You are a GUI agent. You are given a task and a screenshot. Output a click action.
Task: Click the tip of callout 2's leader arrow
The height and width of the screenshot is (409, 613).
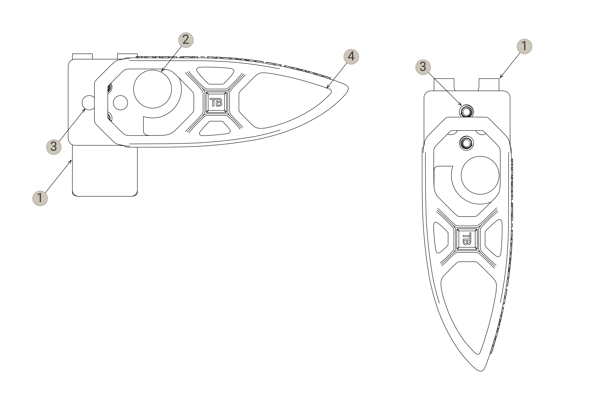click(x=161, y=71)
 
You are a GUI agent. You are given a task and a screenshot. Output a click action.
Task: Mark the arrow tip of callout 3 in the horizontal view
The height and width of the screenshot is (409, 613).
click(x=85, y=109)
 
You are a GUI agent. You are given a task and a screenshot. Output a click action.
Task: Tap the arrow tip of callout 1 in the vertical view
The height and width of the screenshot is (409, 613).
click(x=500, y=78)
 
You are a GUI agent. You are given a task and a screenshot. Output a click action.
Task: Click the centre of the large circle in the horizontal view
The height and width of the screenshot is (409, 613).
click(x=152, y=89)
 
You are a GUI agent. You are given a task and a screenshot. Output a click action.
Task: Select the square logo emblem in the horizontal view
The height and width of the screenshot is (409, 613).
click(x=216, y=102)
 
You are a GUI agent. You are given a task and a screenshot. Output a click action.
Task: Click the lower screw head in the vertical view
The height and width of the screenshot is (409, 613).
click(x=466, y=143)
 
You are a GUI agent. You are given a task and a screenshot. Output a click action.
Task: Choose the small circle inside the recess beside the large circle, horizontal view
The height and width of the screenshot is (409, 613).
click(x=120, y=102)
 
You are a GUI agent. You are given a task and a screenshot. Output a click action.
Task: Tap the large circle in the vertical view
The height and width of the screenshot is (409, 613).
click(x=480, y=175)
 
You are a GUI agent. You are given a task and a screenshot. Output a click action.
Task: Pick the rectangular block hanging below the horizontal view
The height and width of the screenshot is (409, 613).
click(x=105, y=171)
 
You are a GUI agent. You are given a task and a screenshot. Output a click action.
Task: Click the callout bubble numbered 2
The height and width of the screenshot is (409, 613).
click(x=186, y=40)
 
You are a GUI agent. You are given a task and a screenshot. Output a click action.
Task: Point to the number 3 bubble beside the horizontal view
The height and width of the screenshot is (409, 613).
click(x=54, y=147)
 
